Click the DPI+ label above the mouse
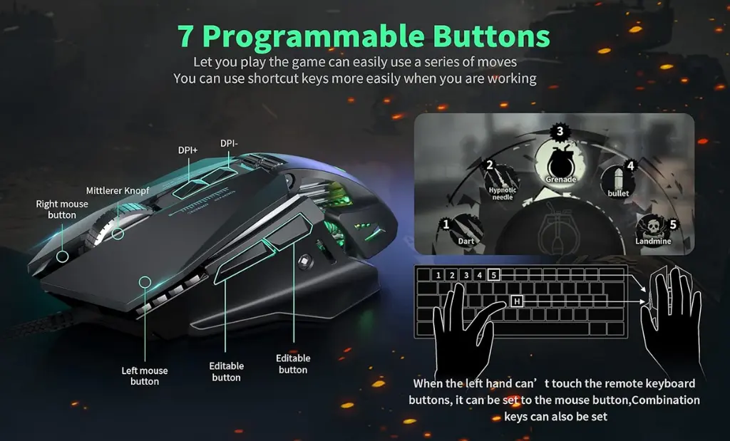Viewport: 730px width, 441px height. coord(187,150)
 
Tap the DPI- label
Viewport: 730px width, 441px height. coord(229,144)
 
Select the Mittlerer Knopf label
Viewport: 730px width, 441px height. coord(118,191)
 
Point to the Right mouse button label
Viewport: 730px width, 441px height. coord(62,209)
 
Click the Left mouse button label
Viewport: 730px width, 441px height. coord(144,376)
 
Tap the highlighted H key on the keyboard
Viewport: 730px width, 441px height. coord(517,302)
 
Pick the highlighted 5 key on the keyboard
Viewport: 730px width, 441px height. coord(494,275)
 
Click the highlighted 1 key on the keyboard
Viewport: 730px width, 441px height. coord(438,275)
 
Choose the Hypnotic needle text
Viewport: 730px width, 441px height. coord(503,194)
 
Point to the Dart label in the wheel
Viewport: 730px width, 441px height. coord(466,241)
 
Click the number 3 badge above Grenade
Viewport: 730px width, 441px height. coord(560,132)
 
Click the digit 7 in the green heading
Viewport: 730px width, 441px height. coord(185,36)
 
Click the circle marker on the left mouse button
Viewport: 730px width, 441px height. coord(145,282)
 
